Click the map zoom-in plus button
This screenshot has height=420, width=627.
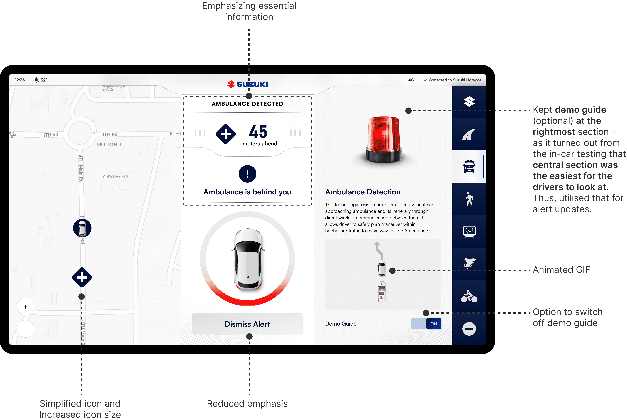[26, 307]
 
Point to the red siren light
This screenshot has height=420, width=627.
[384, 139]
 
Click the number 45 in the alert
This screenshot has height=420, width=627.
[258, 132]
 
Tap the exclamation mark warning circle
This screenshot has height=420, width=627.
[247, 174]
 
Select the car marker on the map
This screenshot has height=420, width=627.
[82, 228]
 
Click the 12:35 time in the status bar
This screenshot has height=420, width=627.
[20, 80]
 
